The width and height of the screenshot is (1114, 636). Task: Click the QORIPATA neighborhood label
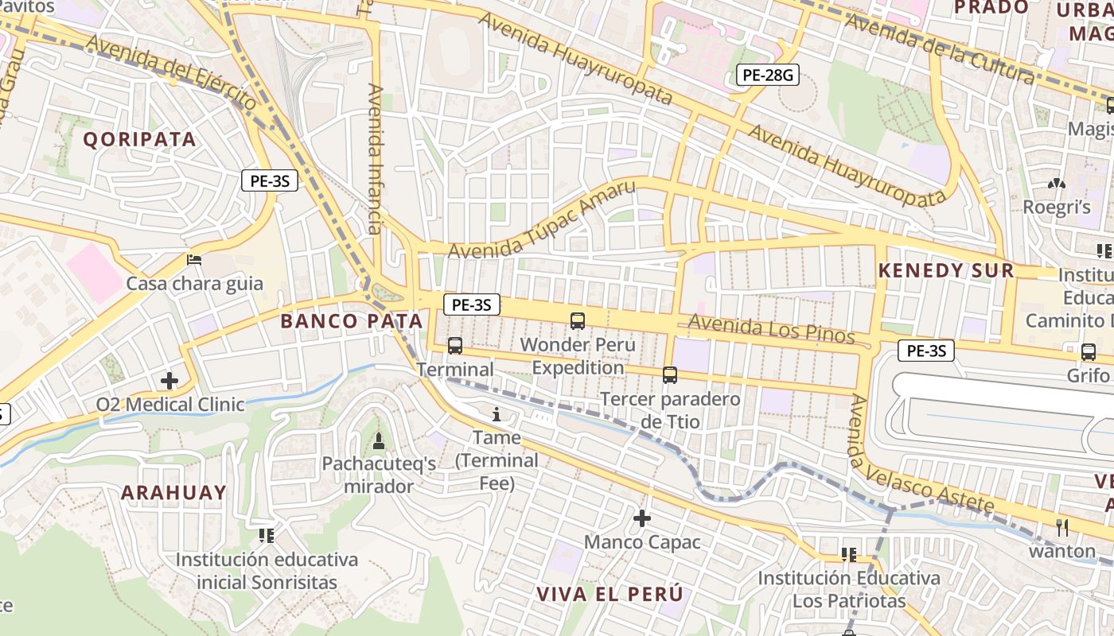139,139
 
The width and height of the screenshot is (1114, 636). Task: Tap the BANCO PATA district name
352,321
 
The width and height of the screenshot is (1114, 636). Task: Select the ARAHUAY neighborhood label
173,492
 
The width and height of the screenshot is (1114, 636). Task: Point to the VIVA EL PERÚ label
610,594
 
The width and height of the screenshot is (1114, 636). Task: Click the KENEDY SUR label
946,270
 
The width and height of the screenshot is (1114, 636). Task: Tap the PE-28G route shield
767,75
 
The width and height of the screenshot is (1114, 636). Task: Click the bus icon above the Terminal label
455,346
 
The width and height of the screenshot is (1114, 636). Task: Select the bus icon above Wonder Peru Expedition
578,321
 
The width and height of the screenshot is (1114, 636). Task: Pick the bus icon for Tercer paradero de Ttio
670,375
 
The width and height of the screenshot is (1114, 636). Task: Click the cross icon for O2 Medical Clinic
169,381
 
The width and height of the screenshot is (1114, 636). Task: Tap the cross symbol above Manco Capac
642,519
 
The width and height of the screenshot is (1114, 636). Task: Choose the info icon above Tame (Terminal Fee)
497,414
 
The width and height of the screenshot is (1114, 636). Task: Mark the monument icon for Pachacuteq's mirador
379,440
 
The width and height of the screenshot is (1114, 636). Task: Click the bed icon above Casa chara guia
194,259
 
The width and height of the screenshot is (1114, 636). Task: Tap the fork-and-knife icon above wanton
1062,527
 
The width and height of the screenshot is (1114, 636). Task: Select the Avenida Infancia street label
375,159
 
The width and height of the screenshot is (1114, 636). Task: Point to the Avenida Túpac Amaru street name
542,220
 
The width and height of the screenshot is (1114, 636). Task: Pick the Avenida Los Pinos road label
771,329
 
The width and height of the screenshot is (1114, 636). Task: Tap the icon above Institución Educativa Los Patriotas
849,554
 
